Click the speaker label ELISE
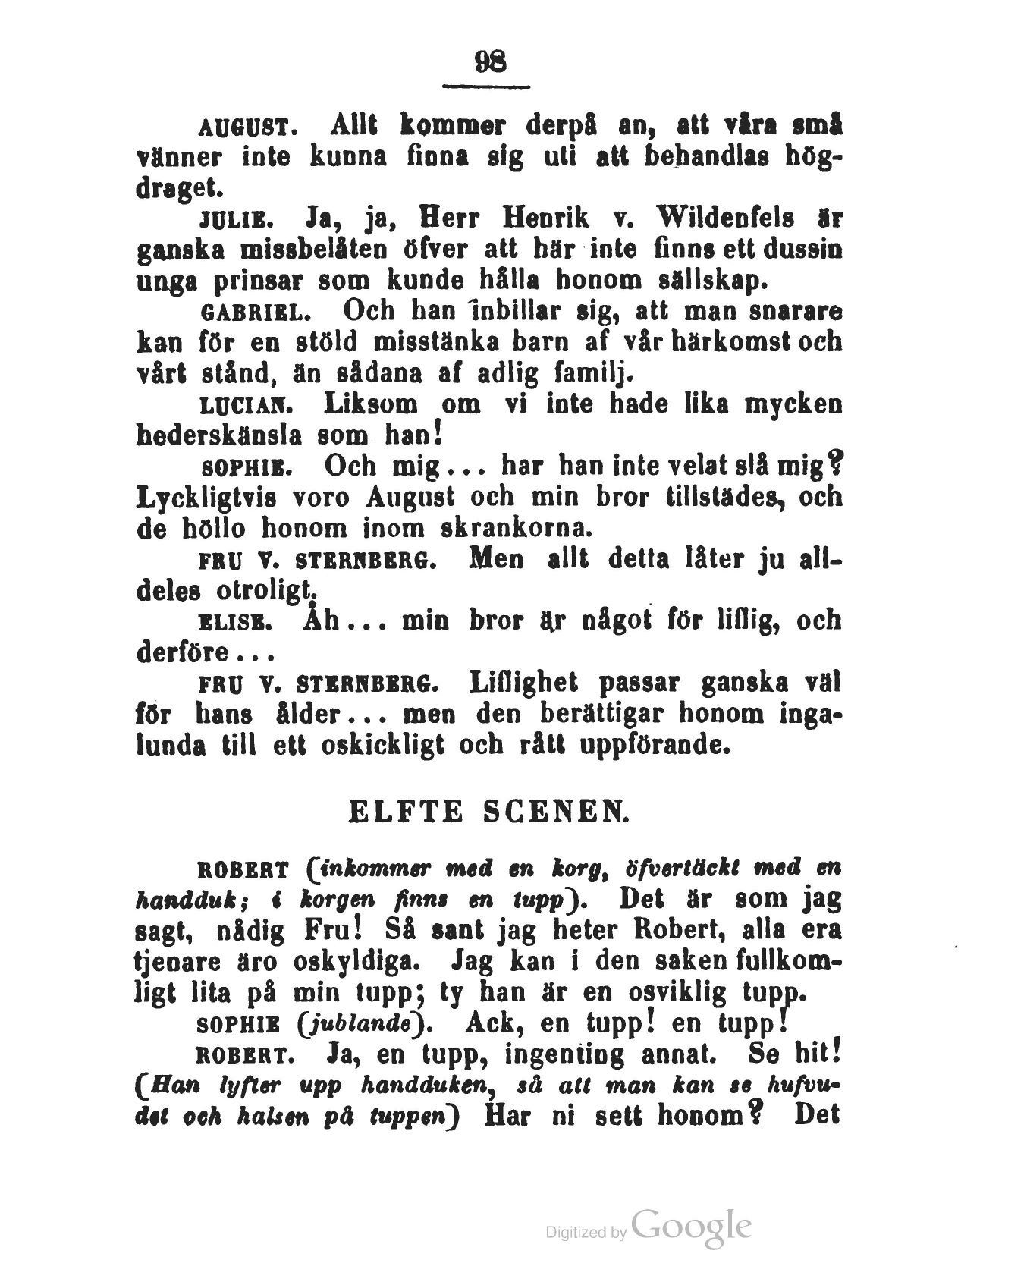point(233,623)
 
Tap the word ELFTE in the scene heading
point(404,813)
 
